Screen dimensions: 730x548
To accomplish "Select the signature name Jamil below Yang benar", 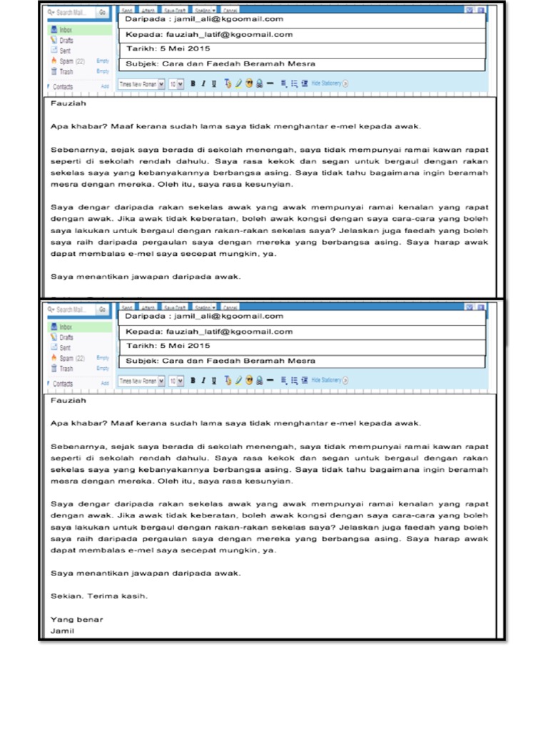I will (x=63, y=631).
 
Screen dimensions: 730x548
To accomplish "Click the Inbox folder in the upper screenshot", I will (x=66, y=31).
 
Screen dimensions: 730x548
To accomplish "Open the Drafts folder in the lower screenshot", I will (x=66, y=337).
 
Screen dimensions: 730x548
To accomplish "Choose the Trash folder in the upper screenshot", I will (x=66, y=71).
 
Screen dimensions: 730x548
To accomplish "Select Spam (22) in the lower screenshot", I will (x=71, y=359).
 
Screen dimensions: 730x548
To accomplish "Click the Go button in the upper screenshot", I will (x=102, y=12).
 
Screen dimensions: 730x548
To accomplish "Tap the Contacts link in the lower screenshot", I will (x=64, y=384).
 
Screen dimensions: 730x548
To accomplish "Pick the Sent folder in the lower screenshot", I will (x=66, y=348).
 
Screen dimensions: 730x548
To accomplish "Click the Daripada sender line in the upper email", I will (x=204, y=19).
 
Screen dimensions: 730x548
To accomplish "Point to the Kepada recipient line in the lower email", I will (x=209, y=331).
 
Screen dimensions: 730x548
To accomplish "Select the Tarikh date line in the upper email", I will (x=168, y=49).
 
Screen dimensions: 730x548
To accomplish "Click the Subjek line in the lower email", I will (x=220, y=361).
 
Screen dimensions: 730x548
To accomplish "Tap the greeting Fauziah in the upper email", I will (x=68, y=103).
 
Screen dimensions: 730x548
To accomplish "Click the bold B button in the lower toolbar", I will (x=193, y=381).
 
